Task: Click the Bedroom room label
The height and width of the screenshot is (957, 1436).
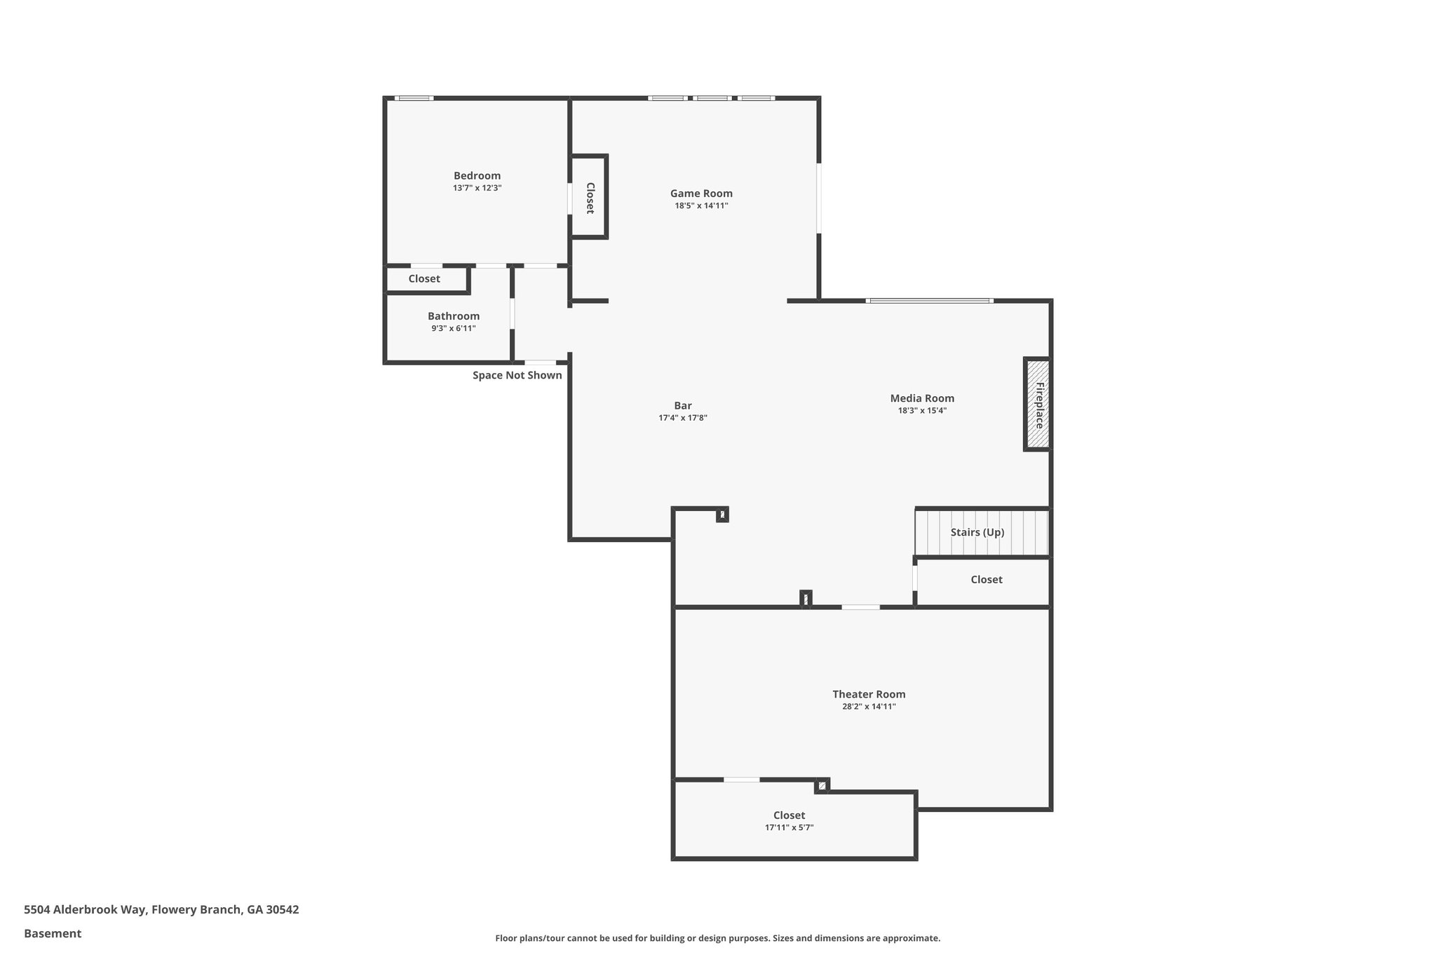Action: (x=477, y=176)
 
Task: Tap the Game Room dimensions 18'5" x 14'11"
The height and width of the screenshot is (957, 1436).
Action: (x=701, y=206)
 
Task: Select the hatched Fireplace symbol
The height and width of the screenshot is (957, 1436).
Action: (x=1037, y=405)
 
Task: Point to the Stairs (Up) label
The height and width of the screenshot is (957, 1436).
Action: (x=977, y=532)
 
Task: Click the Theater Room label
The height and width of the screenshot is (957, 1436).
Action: (x=869, y=694)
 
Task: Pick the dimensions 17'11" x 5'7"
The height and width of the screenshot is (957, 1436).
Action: (x=789, y=827)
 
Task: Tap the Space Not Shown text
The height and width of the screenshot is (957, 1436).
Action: (x=517, y=375)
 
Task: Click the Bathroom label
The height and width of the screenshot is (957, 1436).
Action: (x=454, y=316)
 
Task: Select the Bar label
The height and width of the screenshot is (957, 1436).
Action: (x=682, y=405)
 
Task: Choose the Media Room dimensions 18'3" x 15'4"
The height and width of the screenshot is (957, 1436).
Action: (x=922, y=411)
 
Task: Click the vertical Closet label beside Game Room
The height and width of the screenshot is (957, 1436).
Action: (x=590, y=198)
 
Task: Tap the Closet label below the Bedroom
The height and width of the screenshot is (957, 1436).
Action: (x=424, y=279)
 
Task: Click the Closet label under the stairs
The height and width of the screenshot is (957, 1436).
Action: (x=986, y=580)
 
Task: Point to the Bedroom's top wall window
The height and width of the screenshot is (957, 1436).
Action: (x=414, y=98)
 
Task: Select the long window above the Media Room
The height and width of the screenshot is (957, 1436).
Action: (x=929, y=301)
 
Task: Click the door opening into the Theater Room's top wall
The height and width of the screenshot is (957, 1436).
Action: (x=860, y=606)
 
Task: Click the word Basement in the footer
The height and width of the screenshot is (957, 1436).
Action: (x=53, y=933)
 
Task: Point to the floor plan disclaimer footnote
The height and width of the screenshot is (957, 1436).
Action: (x=717, y=938)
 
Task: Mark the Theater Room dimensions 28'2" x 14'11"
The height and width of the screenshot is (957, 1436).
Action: (x=869, y=707)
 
